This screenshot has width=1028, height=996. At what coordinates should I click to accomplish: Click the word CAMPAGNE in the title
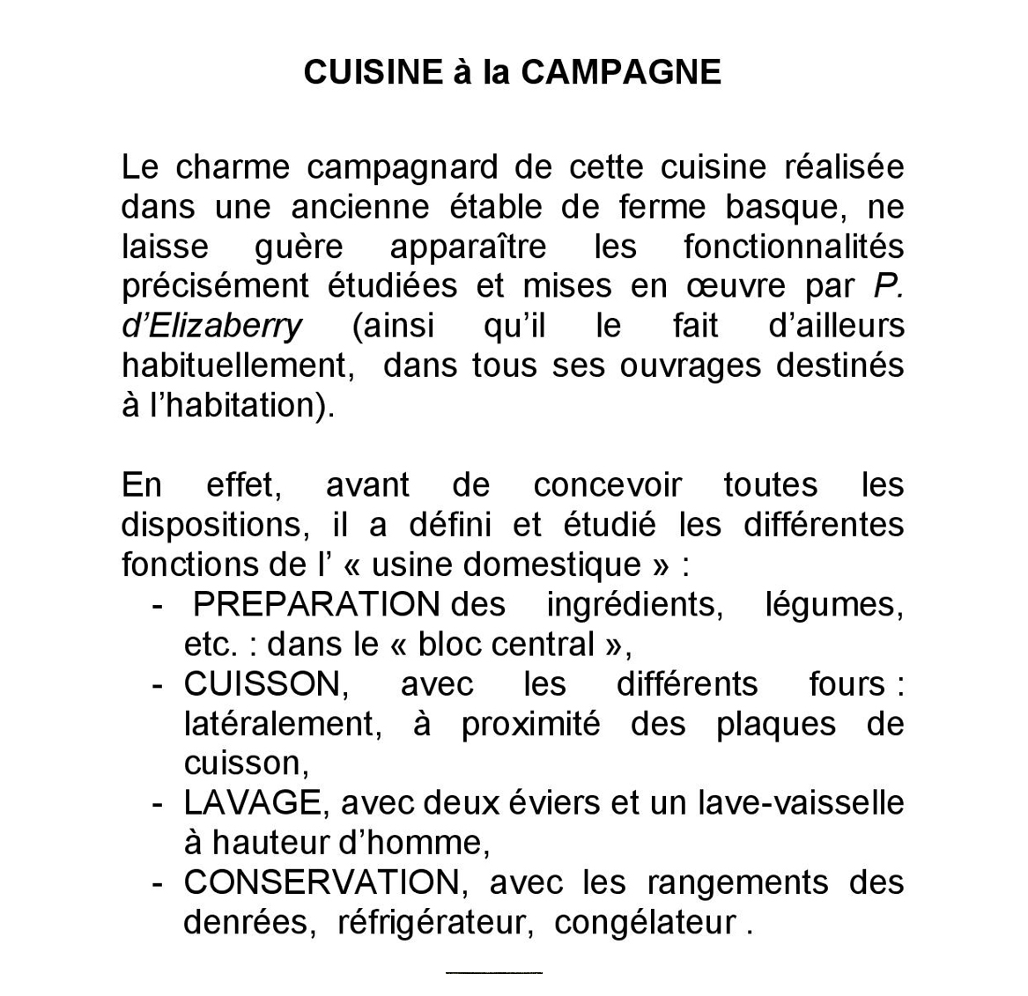click(621, 72)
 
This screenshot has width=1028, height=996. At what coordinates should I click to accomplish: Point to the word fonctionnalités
click(793, 247)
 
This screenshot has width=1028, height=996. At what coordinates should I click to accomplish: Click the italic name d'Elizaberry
click(211, 326)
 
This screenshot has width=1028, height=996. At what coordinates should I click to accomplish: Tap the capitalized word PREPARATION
click(316, 604)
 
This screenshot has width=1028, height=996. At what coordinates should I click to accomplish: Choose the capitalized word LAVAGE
click(252, 803)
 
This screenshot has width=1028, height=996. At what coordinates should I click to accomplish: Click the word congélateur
click(645, 922)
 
